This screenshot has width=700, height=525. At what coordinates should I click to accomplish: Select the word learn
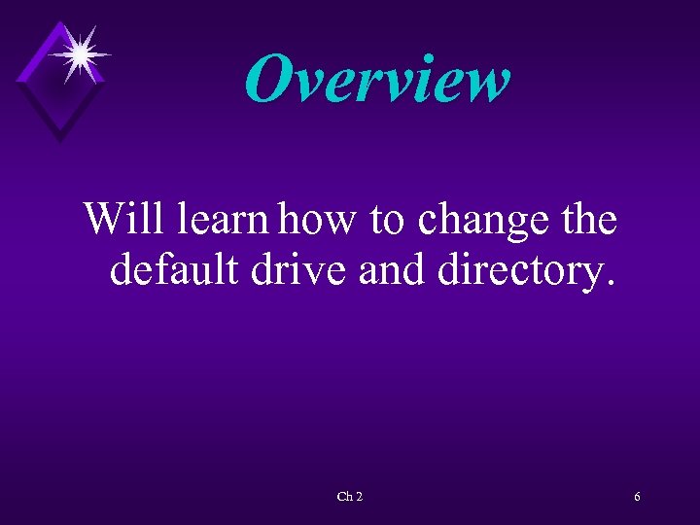[223, 219]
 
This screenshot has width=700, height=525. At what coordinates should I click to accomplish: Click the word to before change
[388, 221]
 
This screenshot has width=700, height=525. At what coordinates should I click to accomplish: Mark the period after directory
[610, 285]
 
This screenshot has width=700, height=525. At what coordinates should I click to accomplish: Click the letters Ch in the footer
[344, 497]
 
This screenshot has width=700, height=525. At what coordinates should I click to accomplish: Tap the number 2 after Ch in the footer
[360, 497]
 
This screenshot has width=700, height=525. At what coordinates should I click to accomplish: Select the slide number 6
[637, 497]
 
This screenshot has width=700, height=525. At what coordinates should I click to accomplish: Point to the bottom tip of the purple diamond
[59, 142]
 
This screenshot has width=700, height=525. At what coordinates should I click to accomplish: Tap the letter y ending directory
[594, 275]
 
